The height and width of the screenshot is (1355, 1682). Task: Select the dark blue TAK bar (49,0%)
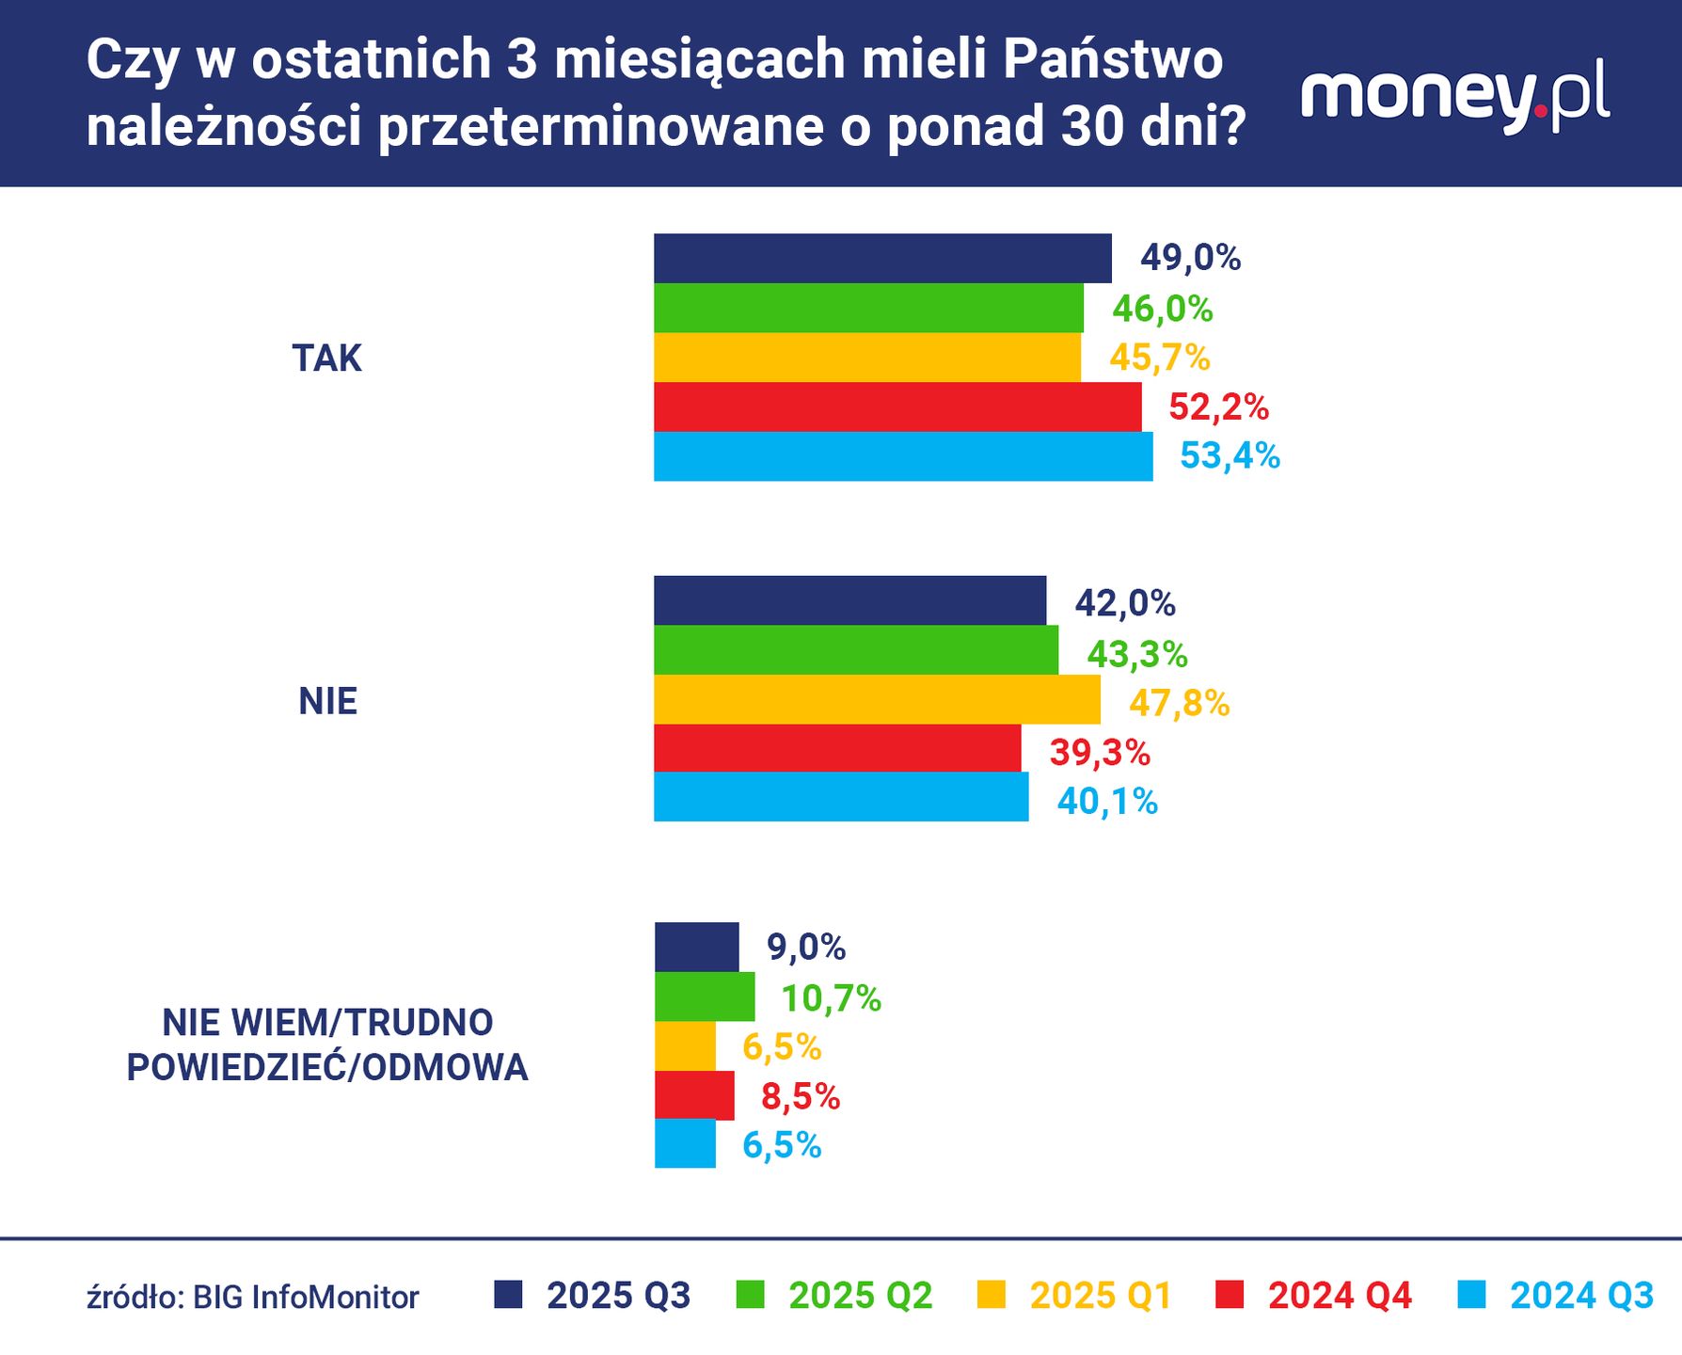pos(882,259)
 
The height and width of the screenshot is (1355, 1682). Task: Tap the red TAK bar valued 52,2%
pos(897,407)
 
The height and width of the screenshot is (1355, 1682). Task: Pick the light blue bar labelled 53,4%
pos(903,456)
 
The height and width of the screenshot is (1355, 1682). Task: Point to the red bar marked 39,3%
pos(837,748)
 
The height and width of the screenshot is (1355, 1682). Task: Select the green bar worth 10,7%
pos(705,996)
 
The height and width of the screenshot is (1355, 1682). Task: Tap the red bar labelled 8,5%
pos(694,1095)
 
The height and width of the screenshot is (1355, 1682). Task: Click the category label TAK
pos(326,359)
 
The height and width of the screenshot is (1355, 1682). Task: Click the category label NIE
pos(327,702)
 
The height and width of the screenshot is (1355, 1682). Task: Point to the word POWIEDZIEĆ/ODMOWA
pos(327,1068)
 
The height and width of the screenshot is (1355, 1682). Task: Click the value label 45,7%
pos(1159,358)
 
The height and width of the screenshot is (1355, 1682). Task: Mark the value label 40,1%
pos(1107,802)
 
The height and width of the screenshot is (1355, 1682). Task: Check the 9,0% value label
pos(806,948)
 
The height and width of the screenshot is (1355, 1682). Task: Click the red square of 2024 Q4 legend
pos(1230,1295)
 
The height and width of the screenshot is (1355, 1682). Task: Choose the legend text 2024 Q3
pos(1581,1296)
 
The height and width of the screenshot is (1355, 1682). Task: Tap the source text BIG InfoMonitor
pos(306,1298)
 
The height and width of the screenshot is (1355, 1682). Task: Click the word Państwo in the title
pos(1112,60)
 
